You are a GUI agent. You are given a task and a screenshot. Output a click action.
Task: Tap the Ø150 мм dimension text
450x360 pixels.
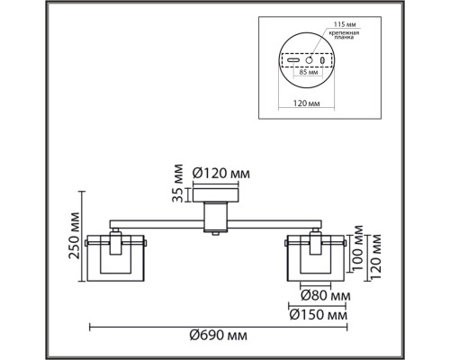tap(319, 313)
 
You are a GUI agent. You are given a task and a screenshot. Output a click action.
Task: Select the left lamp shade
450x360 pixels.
tap(115, 257)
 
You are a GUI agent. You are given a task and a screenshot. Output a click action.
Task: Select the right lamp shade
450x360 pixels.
tap(315, 257)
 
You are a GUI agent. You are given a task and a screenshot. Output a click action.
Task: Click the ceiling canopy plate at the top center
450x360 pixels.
tap(215, 194)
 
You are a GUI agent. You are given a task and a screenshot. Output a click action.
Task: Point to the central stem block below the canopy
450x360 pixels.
tap(215, 216)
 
